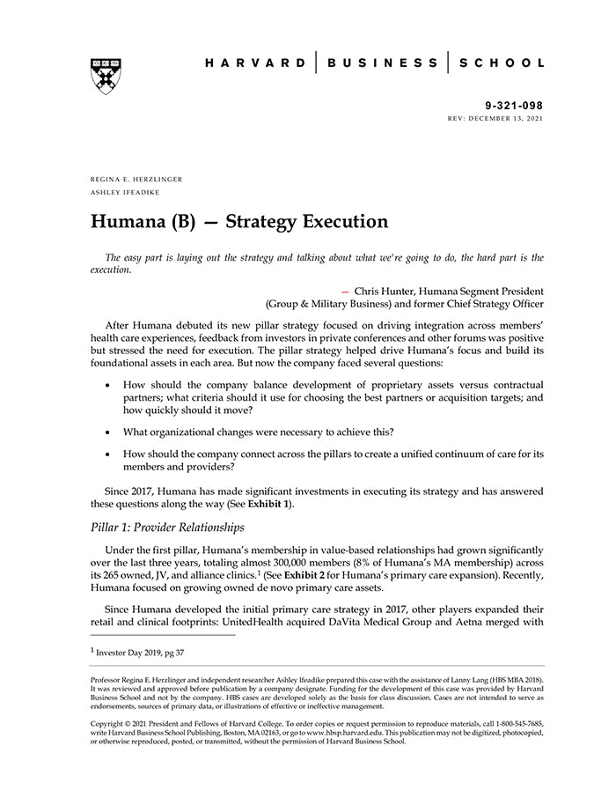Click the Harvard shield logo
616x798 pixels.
click(105, 74)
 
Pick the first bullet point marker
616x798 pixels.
click(107, 386)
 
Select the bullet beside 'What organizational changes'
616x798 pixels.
click(107, 431)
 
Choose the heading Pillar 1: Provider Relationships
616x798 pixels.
click(167, 528)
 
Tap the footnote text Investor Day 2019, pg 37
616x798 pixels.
click(140, 653)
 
